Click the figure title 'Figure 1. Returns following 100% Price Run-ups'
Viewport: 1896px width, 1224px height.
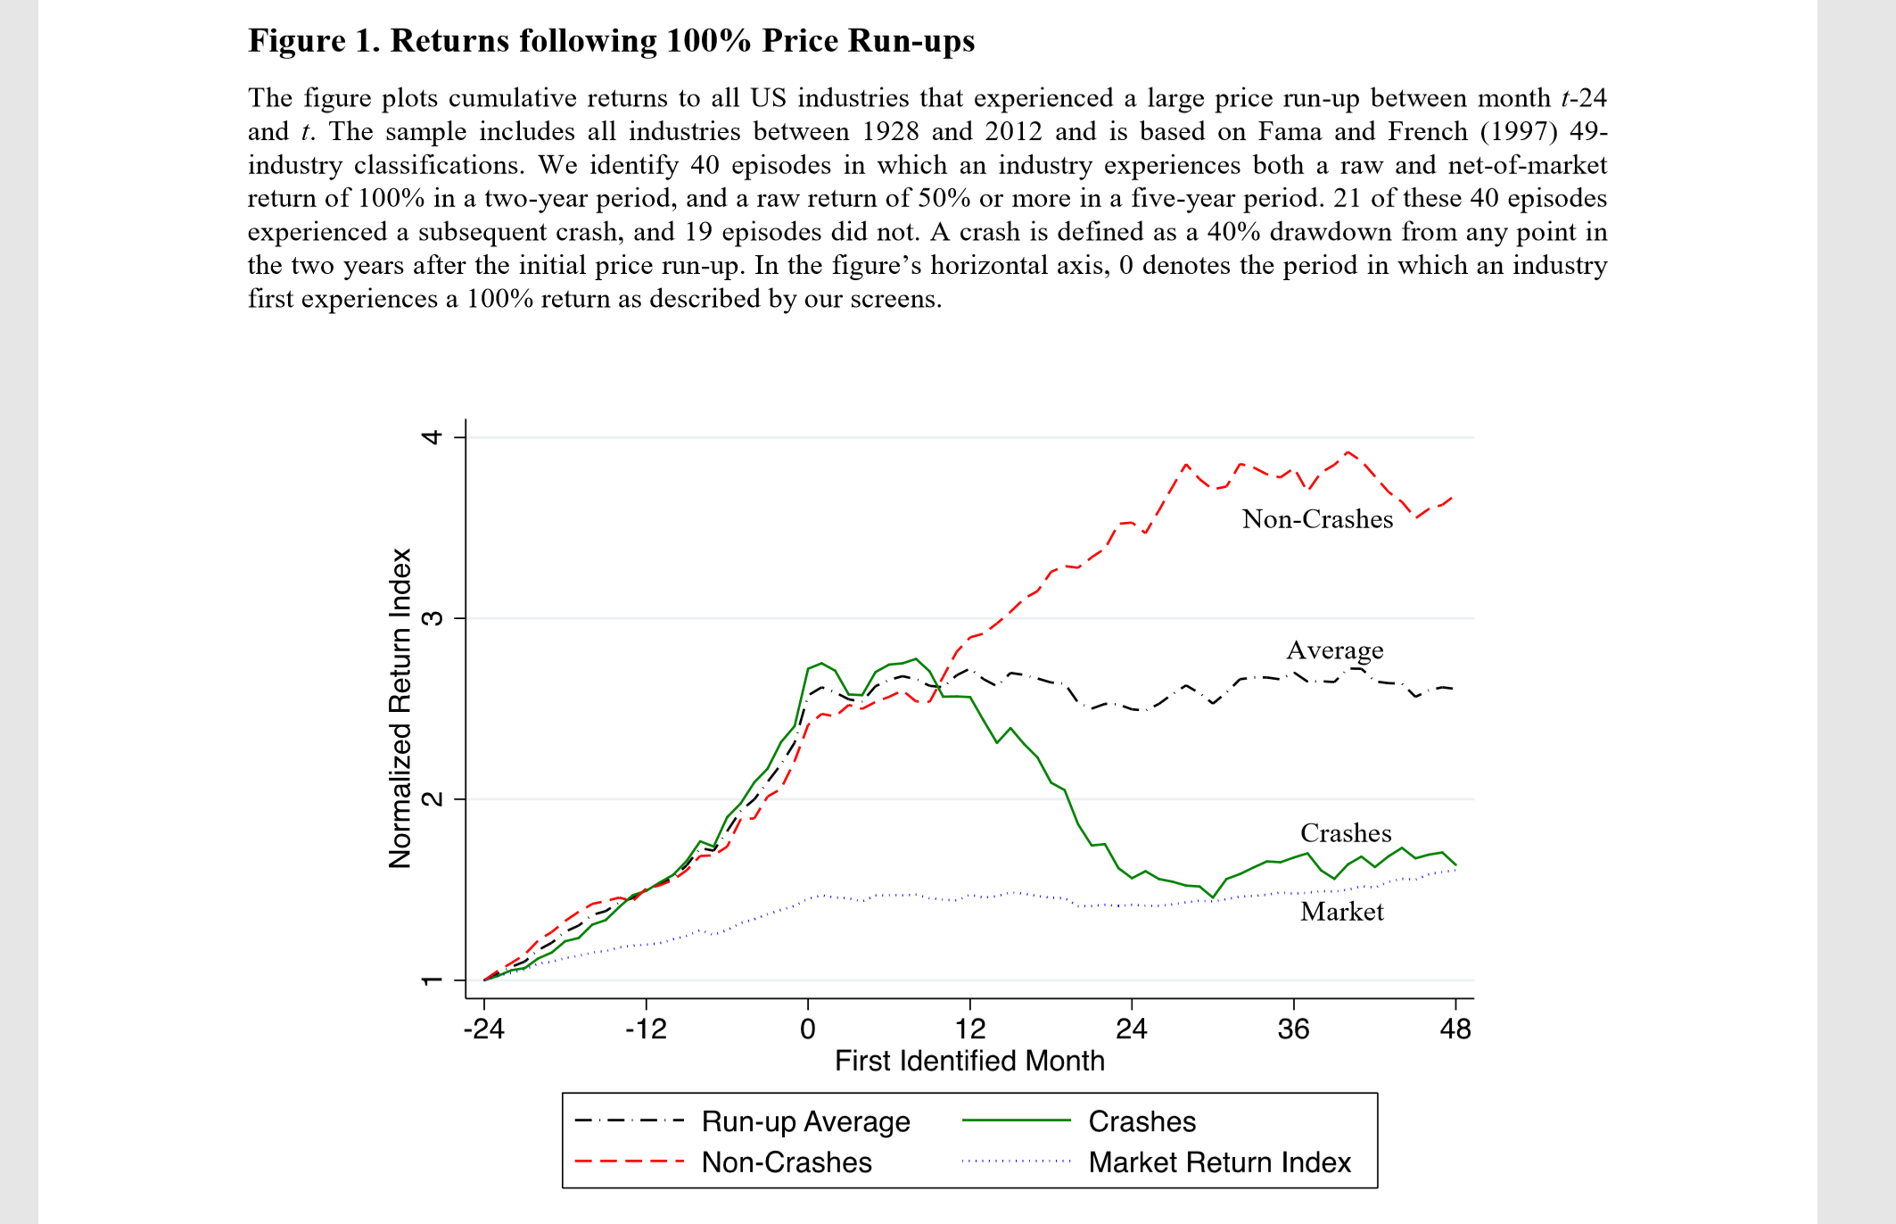pos(611,41)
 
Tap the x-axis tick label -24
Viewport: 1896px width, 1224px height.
pos(483,1030)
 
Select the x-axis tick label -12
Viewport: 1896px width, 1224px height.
pos(646,1030)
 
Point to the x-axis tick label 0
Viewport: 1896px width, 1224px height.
pos(808,1030)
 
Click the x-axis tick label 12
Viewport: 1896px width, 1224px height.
pos(970,1030)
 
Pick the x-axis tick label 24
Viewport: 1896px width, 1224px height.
pos(1132,1030)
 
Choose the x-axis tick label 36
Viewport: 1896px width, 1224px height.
pos(1294,1030)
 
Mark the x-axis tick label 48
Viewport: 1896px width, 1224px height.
pos(1455,1030)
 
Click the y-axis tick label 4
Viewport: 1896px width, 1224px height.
pos(433,437)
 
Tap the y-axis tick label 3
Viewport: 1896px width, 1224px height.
pos(433,618)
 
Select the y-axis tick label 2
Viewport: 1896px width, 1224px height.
pos(433,799)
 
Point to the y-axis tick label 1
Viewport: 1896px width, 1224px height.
pos(433,980)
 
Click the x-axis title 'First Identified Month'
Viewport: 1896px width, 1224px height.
pos(969,1061)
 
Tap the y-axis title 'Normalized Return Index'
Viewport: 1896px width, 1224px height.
pos(400,708)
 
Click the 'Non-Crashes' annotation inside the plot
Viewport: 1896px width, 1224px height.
pos(1317,519)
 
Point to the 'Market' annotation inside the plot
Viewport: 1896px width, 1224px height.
pos(1341,912)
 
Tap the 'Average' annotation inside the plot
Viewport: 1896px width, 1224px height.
pos(1334,650)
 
